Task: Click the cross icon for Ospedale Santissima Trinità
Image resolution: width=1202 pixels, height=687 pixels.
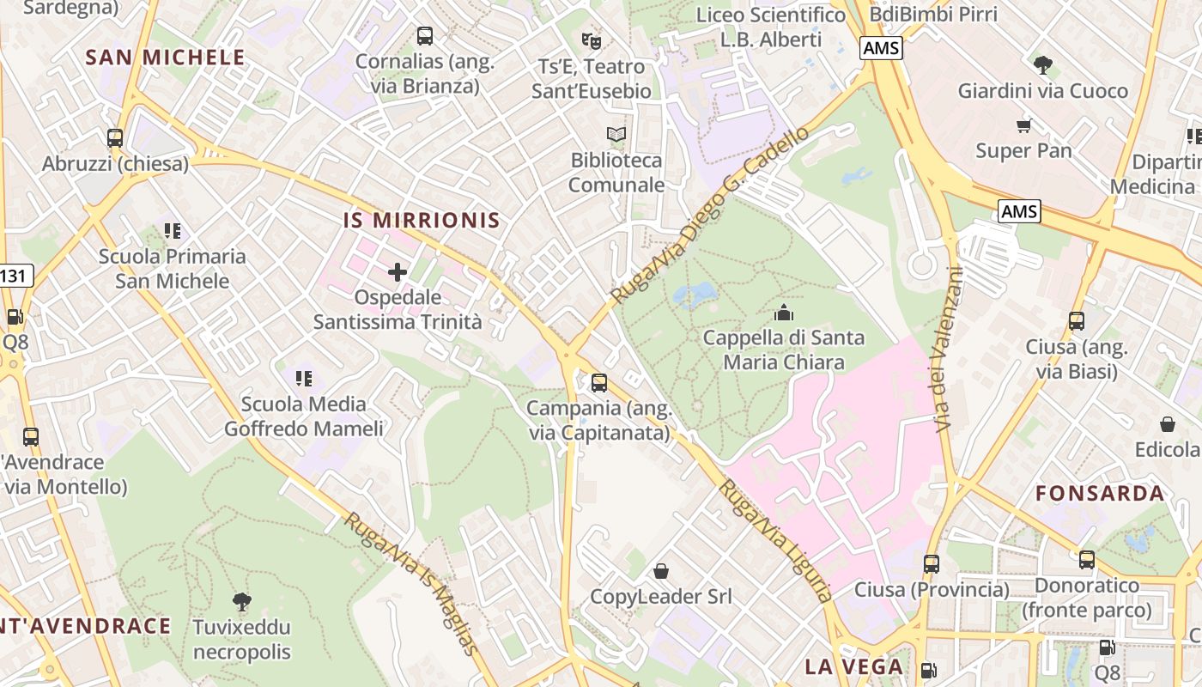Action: [x=397, y=273]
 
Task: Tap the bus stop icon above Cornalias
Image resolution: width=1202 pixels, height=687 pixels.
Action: [x=425, y=36]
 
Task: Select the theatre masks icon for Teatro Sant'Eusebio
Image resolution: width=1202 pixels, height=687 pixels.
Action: [x=591, y=40]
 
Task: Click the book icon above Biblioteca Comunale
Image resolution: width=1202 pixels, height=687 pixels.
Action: [x=616, y=134]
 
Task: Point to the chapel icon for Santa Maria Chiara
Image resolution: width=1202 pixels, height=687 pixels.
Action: [x=783, y=313]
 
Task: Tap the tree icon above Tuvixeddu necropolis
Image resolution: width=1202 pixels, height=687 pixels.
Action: [x=242, y=601]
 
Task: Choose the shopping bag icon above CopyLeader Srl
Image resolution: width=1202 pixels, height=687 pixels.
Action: [x=661, y=571]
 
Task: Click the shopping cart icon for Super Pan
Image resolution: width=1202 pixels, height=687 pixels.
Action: [x=1023, y=126]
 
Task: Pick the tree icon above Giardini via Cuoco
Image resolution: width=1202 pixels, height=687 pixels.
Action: [x=1042, y=64]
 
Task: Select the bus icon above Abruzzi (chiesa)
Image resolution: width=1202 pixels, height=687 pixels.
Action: [x=115, y=137]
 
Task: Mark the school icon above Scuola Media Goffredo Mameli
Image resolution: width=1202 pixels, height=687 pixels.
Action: [x=303, y=378]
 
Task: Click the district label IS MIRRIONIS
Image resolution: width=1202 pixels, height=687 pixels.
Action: [x=422, y=221]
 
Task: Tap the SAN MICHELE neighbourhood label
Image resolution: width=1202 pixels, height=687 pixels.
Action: [x=166, y=58]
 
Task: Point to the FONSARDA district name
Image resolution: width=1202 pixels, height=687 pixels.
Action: [x=1100, y=494]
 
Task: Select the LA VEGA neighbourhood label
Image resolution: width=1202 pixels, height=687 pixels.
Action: [x=853, y=667]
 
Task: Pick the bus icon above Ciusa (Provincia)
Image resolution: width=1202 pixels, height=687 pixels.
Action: [x=932, y=564]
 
